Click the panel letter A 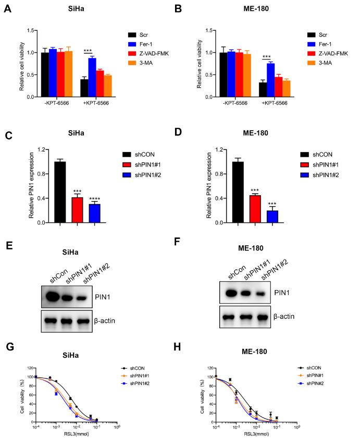tap(7, 9)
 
